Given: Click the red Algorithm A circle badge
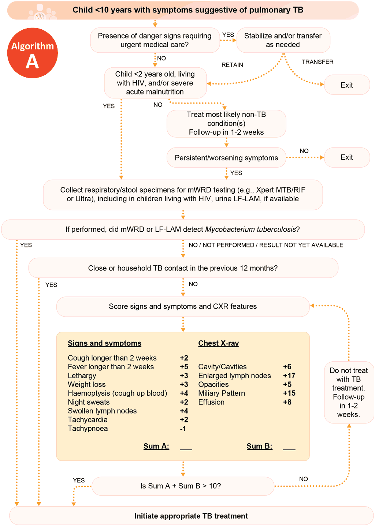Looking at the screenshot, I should (33, 53).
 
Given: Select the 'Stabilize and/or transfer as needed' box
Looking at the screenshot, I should (283, 40).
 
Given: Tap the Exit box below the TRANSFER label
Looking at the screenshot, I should (346, 85).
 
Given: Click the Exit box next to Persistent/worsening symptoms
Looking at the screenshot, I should (346, 157).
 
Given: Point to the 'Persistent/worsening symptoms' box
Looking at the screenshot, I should (226, 158).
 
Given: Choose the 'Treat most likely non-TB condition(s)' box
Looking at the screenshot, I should (226, 123).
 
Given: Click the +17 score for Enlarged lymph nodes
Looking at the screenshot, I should (289, 376).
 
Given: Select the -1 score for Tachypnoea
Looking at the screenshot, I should (183, 429).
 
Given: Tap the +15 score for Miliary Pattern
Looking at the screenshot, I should (289, 393).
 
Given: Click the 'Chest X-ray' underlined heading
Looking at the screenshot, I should (218, 343).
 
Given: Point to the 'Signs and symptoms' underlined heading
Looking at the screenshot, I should (104, 343).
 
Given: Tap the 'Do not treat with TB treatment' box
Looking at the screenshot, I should (349, 392).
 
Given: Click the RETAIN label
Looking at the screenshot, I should (232, 65).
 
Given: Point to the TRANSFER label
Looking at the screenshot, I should (318, 62).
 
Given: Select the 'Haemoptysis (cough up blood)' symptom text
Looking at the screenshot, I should (117, 393).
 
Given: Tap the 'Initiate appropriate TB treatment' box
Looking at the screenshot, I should (191, 516).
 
